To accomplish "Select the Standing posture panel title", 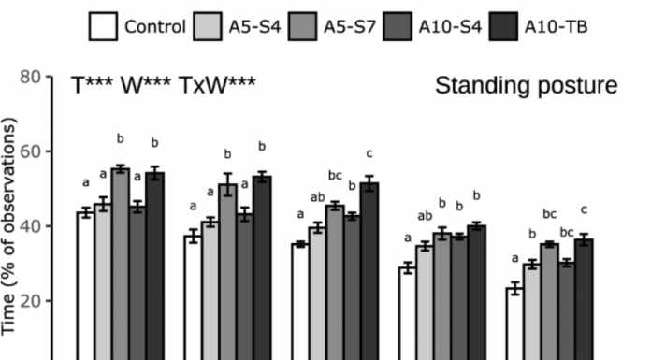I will (526, 87).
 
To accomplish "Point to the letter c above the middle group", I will (369, 152).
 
